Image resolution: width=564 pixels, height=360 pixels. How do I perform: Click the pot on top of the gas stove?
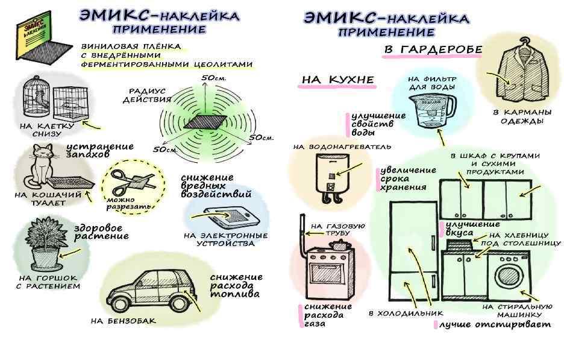(x=339, y=243)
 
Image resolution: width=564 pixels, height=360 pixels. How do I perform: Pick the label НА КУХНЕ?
(x=338, y=80)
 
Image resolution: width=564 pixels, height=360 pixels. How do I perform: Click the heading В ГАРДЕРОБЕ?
(x=433, y=49)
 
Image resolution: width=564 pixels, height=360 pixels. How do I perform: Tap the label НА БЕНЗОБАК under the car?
(x=123, y=321)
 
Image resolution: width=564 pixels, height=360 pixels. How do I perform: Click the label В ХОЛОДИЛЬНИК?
(x=406, y=314)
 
